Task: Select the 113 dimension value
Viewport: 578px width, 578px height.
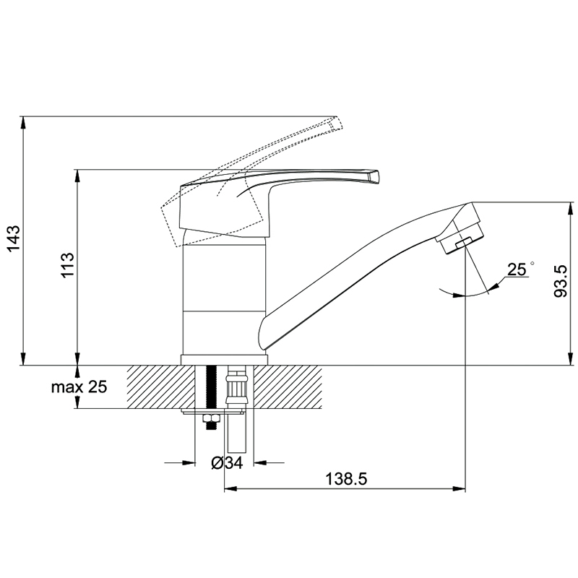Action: (68, 265)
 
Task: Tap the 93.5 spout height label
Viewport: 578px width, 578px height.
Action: (561, 281)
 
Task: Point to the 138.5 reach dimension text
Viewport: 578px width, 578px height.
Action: (346, 479)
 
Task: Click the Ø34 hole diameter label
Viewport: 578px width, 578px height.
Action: (227, 463)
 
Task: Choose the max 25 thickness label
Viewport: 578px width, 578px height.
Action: (79, 387)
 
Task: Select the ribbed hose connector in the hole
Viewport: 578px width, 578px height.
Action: (236, 389)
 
